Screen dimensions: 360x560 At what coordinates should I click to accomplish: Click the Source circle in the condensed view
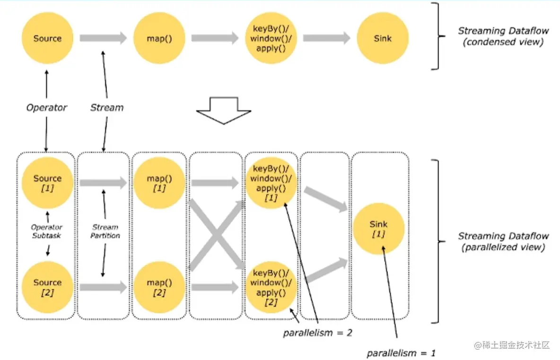(47, 38)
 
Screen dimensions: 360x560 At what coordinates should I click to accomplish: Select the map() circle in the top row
(159, 38)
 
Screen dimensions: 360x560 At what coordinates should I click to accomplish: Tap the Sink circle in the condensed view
(382, 38)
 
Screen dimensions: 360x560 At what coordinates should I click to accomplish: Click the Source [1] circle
(47, 183)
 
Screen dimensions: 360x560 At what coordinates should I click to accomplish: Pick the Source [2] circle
(47, 287)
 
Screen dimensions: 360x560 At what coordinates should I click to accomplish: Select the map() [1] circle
(159, 183)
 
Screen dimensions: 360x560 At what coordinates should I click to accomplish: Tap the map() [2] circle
(159, 287)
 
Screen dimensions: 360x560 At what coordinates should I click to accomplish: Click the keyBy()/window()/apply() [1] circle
(271, 183)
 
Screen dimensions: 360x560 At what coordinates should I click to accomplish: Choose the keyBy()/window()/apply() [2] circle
(271, 287)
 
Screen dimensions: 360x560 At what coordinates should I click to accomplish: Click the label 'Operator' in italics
(47, 108)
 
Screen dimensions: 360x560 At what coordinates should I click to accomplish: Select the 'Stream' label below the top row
(107, 108)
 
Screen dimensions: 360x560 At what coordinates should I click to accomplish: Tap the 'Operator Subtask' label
(47, 231)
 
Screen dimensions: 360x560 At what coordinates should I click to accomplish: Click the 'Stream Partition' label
(105, 231)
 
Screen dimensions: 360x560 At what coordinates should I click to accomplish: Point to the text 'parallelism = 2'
(318, 333)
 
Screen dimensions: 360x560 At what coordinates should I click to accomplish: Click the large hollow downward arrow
(223, 110)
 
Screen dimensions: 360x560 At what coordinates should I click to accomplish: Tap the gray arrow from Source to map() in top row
(103, 38)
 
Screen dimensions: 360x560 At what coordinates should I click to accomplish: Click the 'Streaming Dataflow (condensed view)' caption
(503, 36)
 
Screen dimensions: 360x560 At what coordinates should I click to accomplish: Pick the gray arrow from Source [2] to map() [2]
(103, 287)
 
